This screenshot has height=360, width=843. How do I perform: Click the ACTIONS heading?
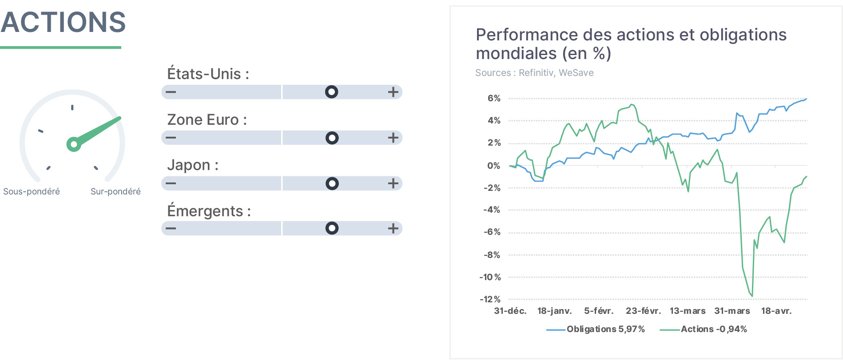point(63,22)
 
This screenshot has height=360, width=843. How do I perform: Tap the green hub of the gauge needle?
point(74,144)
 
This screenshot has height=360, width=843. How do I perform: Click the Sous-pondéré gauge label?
point(32,191)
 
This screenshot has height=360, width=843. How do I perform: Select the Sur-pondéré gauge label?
point(115,191)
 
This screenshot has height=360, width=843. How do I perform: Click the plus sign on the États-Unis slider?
point(393,92)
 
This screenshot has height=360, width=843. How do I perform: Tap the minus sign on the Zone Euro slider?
point(171,138)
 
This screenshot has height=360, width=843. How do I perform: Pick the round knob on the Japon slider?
point(332,183)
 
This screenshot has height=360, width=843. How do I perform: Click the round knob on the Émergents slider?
point(332,228)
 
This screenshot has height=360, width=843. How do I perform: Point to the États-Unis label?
point(208,73)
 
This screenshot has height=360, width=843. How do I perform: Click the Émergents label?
point(209,211)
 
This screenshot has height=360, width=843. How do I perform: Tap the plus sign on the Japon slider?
point(393,183)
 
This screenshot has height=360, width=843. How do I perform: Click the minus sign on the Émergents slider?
point(171,228)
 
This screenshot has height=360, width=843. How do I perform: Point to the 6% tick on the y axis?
point(494,98)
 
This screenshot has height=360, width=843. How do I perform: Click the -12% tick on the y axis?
point(490,299)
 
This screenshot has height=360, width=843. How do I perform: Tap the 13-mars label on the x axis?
point(688,311)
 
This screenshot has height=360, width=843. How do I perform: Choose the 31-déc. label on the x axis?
point(510,311)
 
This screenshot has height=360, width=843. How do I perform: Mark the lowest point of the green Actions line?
point(752,296)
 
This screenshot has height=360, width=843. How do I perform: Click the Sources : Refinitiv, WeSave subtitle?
point(534,73)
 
